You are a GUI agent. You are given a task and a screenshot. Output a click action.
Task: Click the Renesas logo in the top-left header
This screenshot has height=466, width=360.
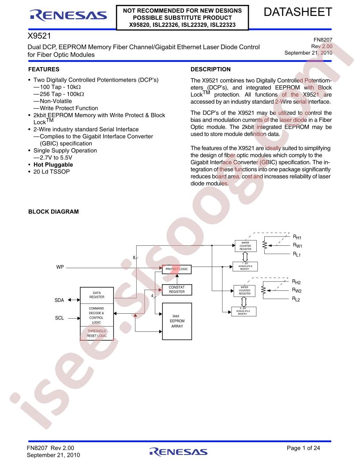tap(68, 15)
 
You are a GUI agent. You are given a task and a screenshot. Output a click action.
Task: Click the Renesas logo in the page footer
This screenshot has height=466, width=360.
tap(178, 452)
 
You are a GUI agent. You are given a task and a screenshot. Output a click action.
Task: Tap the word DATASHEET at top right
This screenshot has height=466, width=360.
tap(298, 12)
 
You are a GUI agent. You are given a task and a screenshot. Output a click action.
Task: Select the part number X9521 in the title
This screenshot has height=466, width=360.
tap(39, 36)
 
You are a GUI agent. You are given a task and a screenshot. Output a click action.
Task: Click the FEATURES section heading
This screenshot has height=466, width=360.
tap(44, 69)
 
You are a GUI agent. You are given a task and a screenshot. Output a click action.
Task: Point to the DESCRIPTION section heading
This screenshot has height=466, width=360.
tap(210, 69)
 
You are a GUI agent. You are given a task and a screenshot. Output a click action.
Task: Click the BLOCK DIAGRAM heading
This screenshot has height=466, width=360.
tap(53, 212)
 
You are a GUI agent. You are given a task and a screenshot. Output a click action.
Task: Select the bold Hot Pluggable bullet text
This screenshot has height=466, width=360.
tap(53, 165)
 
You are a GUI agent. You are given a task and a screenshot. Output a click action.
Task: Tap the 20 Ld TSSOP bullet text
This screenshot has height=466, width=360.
tap(52, 172)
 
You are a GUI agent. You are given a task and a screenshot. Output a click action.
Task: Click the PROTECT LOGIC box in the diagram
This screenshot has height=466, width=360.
tap(177, 269)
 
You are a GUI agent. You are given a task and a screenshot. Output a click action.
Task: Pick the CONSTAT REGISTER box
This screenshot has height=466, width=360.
tap(177, 289)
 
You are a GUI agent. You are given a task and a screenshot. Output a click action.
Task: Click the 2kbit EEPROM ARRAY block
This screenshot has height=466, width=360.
tap(177, 321)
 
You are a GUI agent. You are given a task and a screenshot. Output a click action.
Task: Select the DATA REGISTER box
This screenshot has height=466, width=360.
tap(97, 295)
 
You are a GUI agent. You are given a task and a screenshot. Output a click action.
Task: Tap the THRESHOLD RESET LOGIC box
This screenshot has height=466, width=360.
tap(97, 333)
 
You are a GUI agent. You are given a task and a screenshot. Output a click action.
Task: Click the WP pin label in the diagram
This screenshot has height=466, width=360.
tap(60, 267)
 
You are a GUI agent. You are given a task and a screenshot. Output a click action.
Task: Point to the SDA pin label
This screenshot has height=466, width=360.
tap(59, 300)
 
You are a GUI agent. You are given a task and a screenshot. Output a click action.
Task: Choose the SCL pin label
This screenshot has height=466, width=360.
tap(60, 318)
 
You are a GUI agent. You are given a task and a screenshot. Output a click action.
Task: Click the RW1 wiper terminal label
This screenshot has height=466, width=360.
tap(297, 245)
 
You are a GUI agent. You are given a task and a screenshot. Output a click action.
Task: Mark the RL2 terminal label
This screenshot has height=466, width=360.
tap(296, 299)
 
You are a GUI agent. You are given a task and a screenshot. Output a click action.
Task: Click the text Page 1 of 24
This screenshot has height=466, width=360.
tap(303, 448)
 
